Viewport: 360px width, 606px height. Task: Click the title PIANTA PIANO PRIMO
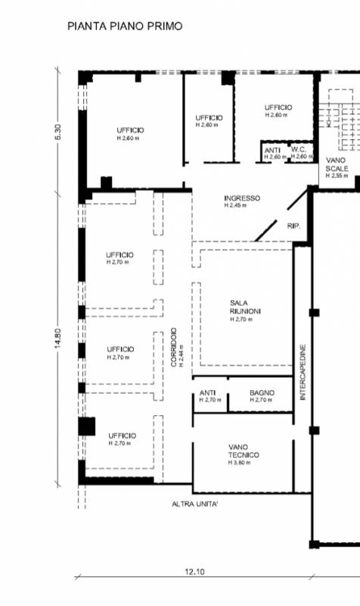tap(125, 27)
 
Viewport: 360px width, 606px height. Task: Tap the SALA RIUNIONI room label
tap(245, 308)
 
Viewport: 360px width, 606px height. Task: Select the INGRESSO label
tap(242, 198)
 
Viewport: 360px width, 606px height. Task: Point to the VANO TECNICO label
tap(244, 451)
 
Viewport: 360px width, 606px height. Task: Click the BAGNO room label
tap(262, 392)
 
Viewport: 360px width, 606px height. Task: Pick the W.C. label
tap(299, 149)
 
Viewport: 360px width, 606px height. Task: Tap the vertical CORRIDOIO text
tap(174, 348)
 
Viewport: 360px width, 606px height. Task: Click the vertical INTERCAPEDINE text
tap(303, 372)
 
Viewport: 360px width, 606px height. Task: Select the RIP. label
tap(293, 226)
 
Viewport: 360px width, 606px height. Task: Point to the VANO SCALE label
tap(337, 164)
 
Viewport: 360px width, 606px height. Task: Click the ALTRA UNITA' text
tap(195, 504)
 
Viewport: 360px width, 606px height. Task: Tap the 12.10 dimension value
tap(195, 572)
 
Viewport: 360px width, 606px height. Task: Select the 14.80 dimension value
tap(58, 339)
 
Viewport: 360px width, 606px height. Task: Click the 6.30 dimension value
tap(58, 132)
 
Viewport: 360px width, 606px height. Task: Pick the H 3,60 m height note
tap(239, 463)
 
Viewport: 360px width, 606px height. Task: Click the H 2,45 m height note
tap(235, 205)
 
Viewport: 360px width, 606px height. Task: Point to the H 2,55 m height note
tap(337, 176)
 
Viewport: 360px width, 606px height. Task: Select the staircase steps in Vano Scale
tap(339, 120)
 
